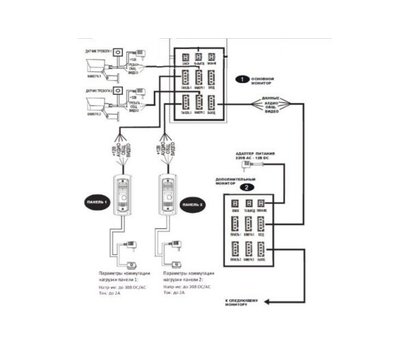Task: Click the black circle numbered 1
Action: click(x=241, y=77)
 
